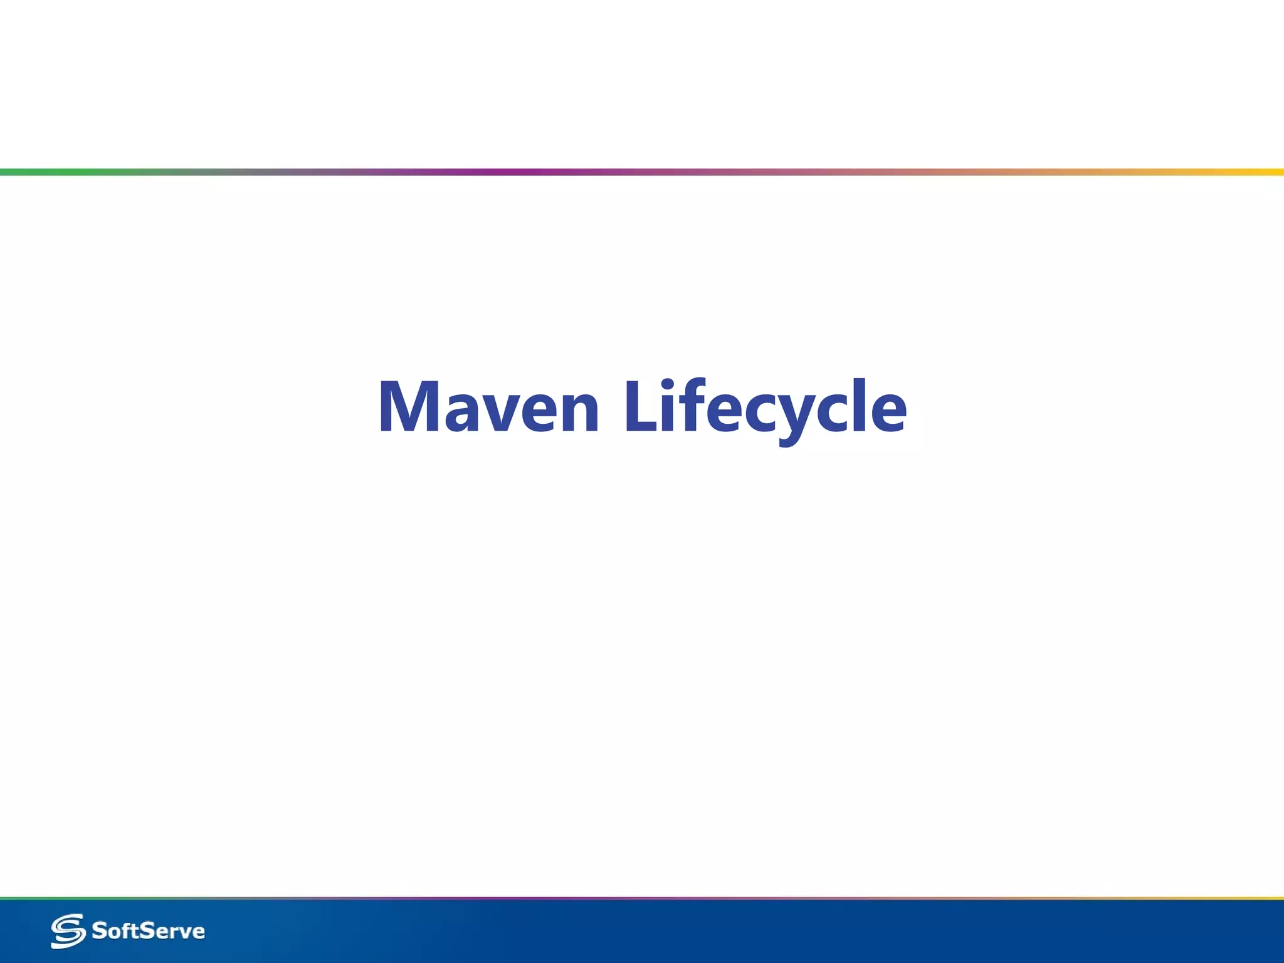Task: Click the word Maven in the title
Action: click(x=488, y=408)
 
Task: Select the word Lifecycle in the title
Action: click(x=766, y=408)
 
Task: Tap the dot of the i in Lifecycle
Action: click(x=668, y=384)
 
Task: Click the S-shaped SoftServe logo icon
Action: click(x=68, y=931)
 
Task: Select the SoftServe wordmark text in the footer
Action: click(x=148, y=931)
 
